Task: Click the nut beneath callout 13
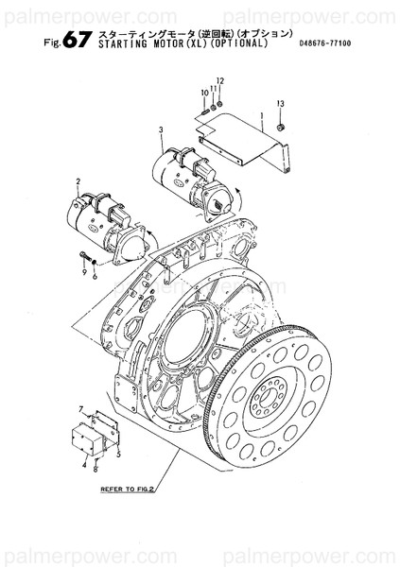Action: click(282, 125)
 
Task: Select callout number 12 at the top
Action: click(219, 81)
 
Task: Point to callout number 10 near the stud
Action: click(203, 93)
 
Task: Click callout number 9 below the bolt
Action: click(83, 271)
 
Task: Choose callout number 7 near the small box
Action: click(81, 408)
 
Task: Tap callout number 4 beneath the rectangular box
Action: click(83, 464)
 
